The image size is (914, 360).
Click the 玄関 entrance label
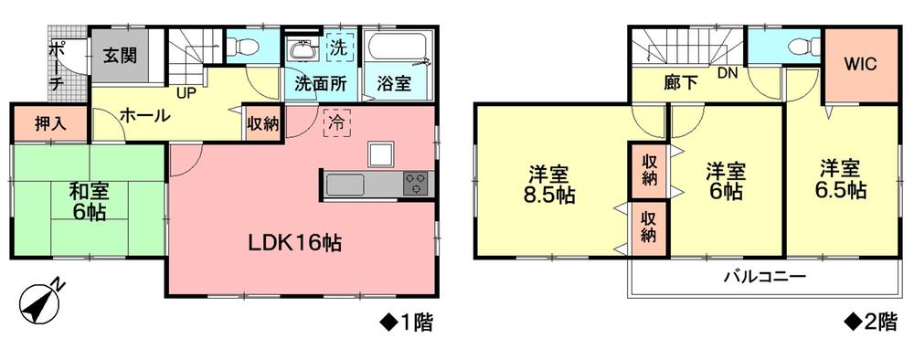120,55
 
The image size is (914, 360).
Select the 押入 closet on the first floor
36,123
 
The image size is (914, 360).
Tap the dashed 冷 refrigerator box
335,123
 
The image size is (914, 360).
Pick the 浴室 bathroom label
394,82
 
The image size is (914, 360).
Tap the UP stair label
186,93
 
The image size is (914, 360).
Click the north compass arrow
41,301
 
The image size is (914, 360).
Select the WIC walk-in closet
860,64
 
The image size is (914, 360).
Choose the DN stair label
728,73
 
